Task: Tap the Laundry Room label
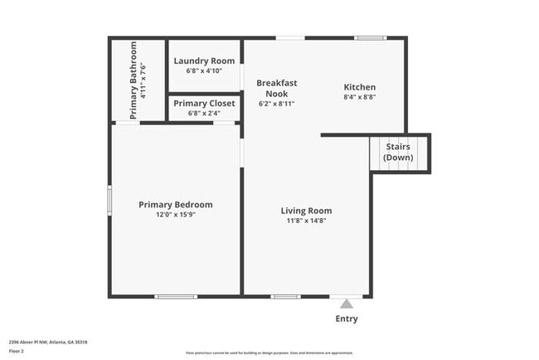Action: pos(204,61)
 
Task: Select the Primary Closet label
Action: pos(204,103)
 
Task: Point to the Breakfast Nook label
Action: pos(277,88)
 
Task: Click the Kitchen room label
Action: pos(360,87)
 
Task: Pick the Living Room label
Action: pos(306,211)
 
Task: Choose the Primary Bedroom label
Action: pos(176,205)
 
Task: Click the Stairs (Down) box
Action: pos(398,153)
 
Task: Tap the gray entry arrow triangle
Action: pos(347,304)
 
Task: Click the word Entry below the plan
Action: pos(347,319)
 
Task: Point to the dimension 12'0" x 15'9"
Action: pos(176,214)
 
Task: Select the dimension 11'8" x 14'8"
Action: pos(306,221)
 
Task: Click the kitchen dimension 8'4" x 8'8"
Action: pos(360,97)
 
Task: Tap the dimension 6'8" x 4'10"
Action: pos(204,71)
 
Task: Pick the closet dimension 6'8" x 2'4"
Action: pos(204,113)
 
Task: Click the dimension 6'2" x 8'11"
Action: pos(277,104)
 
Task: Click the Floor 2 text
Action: pos(17,352)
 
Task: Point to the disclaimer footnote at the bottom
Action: pos(269,353)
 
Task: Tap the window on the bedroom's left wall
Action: pos(109,200)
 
